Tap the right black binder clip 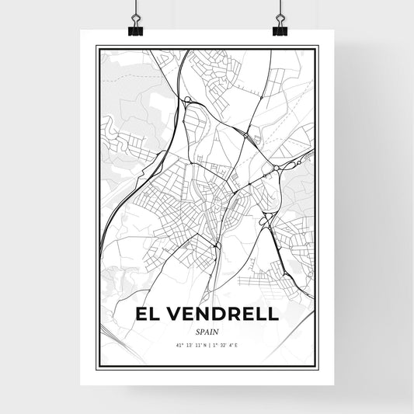pyautogui.click(x=279, y=29)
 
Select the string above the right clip pyautogui.click(x=279, y=9)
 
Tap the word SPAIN pyautogui.click(x=207, y=331)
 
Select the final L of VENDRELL pyautogui.click(x=273, y=314)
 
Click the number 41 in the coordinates pyautogui.click(x=178, y=344)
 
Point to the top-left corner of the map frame pyautogui.click(x=96, y=47)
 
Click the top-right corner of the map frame pyautogui.click(x=318, y=47)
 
